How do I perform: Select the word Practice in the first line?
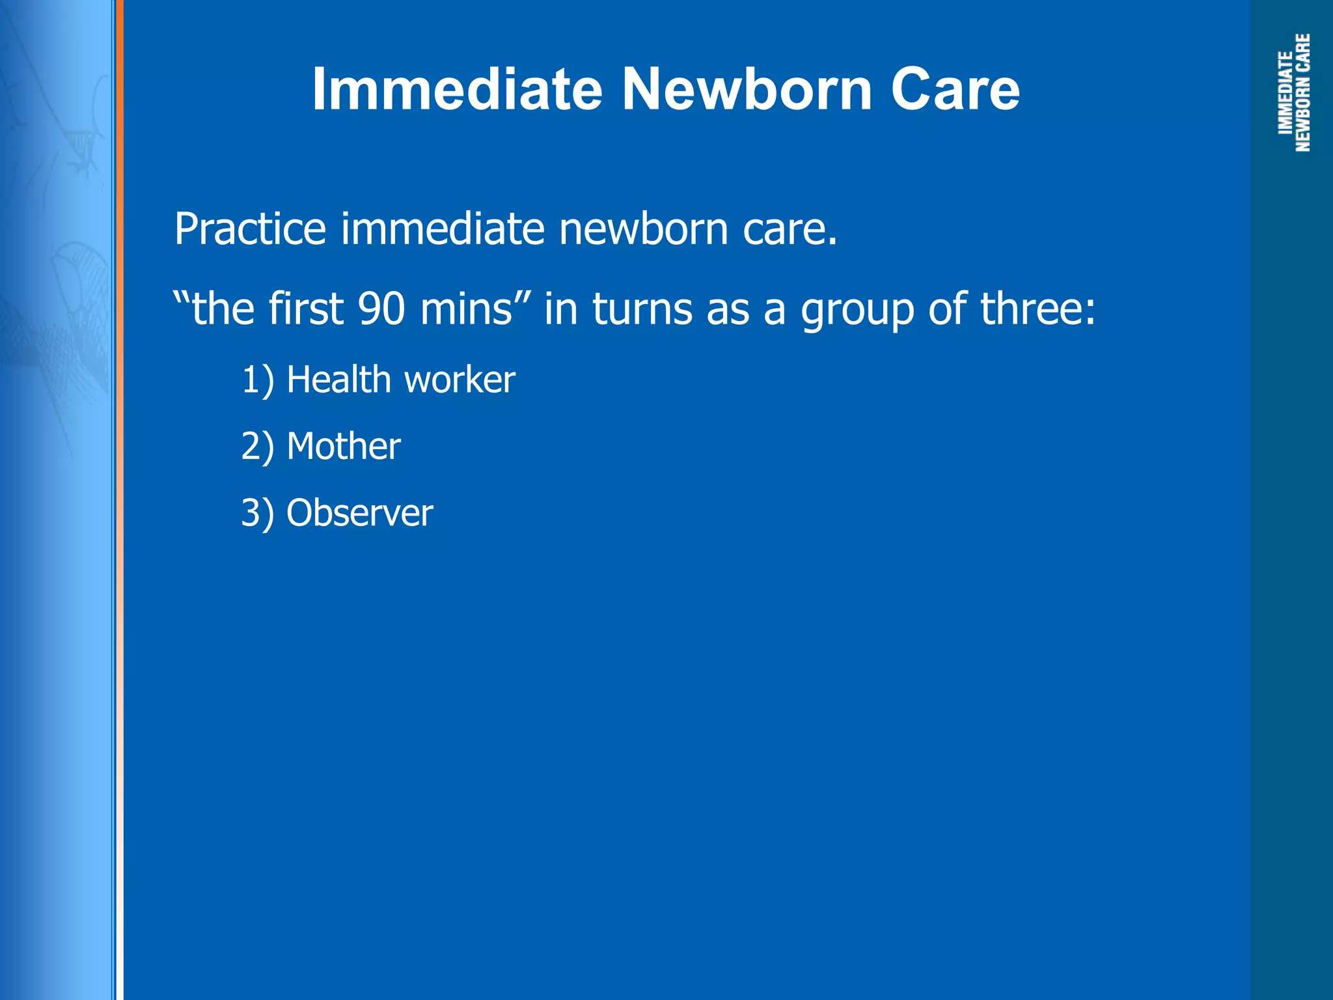(250, 229)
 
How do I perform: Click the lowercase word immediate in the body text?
(443, 229)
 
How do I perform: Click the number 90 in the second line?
(381, 309)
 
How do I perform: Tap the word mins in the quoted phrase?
(466, 309)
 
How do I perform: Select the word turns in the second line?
(642, 309)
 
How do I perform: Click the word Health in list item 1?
(338, 380)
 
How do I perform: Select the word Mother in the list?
(344, 447)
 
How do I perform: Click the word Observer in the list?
(359, 513)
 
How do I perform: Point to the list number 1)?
(257, 380)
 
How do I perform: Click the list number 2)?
(257, 447)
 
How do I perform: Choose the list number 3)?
(257, 514)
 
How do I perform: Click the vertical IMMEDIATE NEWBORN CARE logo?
(1294, 92)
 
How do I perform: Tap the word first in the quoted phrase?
(306, 309)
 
